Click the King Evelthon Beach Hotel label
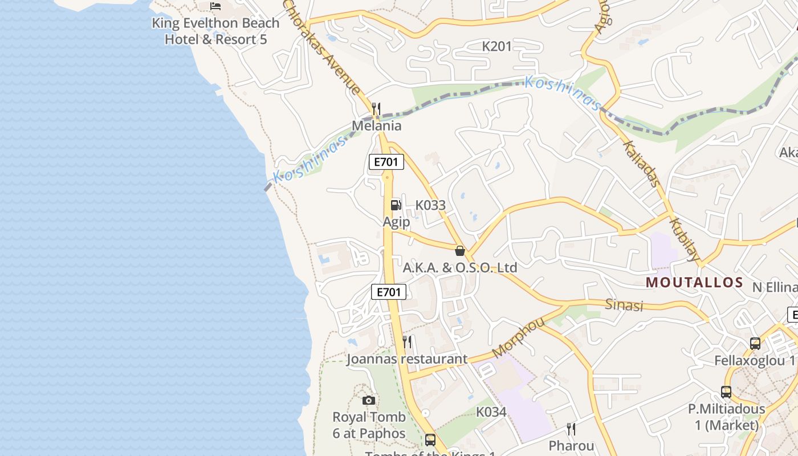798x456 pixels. (215, 31)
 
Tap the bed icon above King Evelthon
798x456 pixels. (215, 6)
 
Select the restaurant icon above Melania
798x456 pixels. (376, 108)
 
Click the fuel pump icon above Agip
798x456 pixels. (396, 205)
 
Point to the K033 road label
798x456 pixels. (430, 205)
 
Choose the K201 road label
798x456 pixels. (497, 46)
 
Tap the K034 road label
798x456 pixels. (491, 412)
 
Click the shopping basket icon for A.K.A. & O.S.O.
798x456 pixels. (460, 251)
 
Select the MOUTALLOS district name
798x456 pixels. (695, 282)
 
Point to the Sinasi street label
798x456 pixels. (624, 305)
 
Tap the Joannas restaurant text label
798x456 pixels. (407, 359)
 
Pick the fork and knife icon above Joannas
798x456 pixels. (408, 342)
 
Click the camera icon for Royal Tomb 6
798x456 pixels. (369, 400)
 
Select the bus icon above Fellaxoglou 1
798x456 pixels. (755, 343)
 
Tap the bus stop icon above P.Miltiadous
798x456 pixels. (726, 392)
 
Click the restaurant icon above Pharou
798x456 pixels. (571, 429)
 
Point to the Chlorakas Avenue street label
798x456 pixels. (322, 47)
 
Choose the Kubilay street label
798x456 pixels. (684, 239)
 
